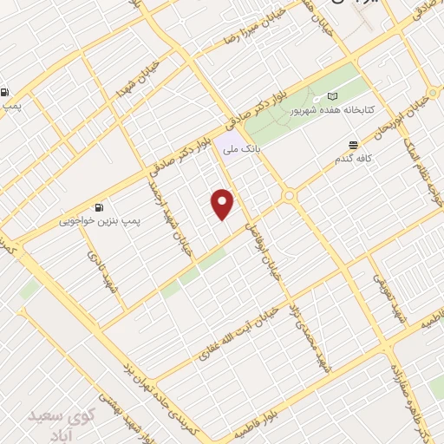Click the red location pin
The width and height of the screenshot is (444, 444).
(224, 204)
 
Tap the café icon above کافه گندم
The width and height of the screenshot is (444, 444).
(352, 145)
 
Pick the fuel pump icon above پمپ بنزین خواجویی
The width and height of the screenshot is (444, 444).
(100, 207)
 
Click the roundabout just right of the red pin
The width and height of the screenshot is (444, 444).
(289, 197)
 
